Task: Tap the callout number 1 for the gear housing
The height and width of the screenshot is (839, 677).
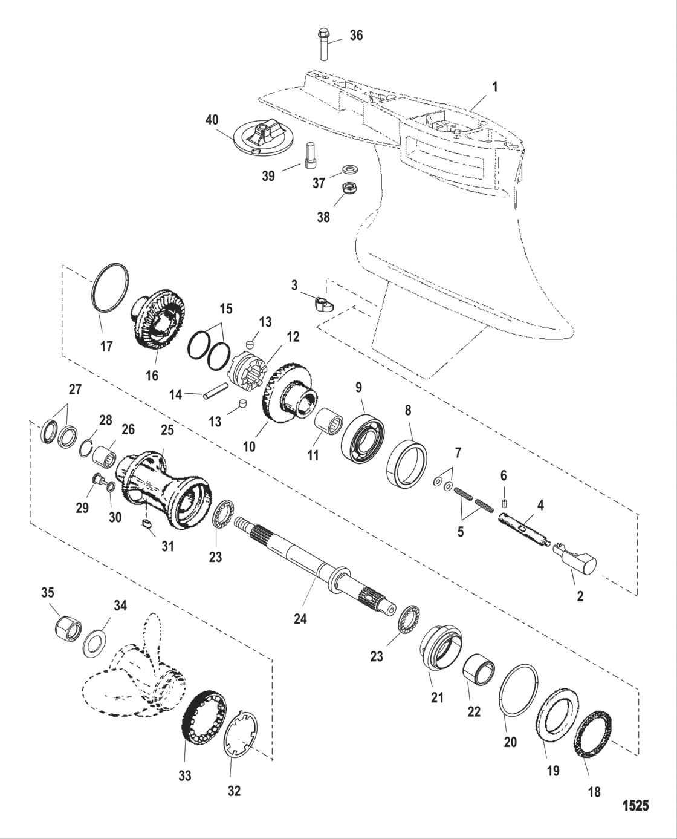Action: click(x=494, y=88)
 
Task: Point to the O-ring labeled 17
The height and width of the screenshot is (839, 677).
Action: click(x=111, y=289)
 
